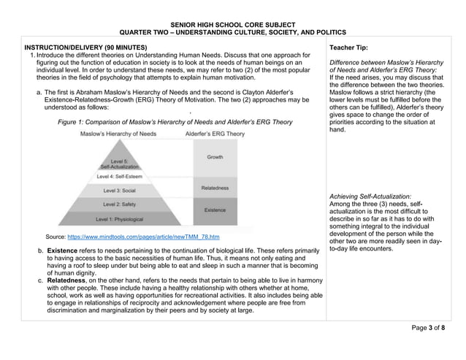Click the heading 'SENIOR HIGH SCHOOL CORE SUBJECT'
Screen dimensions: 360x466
(233, 25)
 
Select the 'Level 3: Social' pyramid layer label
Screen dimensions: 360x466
(119, 190)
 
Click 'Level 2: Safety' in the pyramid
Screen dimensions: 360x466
(119, 204)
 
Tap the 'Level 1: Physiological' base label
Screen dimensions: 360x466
(119, 218)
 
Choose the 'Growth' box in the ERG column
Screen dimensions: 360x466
(215, 157)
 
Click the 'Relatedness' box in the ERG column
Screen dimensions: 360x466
(215, 188)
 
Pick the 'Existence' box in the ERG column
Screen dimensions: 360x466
(215, 210)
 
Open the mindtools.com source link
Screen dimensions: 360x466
(143, 237)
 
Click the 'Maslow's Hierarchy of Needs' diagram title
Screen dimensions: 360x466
(118, 134)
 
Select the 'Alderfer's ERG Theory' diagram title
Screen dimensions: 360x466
(215, 134)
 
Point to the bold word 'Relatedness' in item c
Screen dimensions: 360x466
(71, 280)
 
